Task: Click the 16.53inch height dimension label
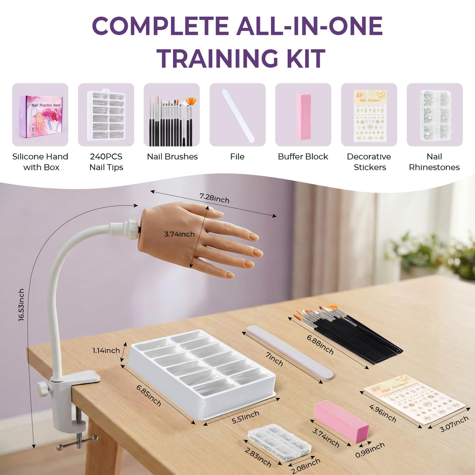[21, 305]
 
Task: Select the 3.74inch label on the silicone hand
[179, 234]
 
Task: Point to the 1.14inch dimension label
[106, 350]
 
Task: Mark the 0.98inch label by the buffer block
[370, 450]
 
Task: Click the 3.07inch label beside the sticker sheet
[454, 424]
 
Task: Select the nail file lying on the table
[290, 351]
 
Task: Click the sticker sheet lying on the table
[414, 402]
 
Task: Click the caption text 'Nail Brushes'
[172, 156]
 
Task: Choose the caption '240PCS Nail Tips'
[106, 162]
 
